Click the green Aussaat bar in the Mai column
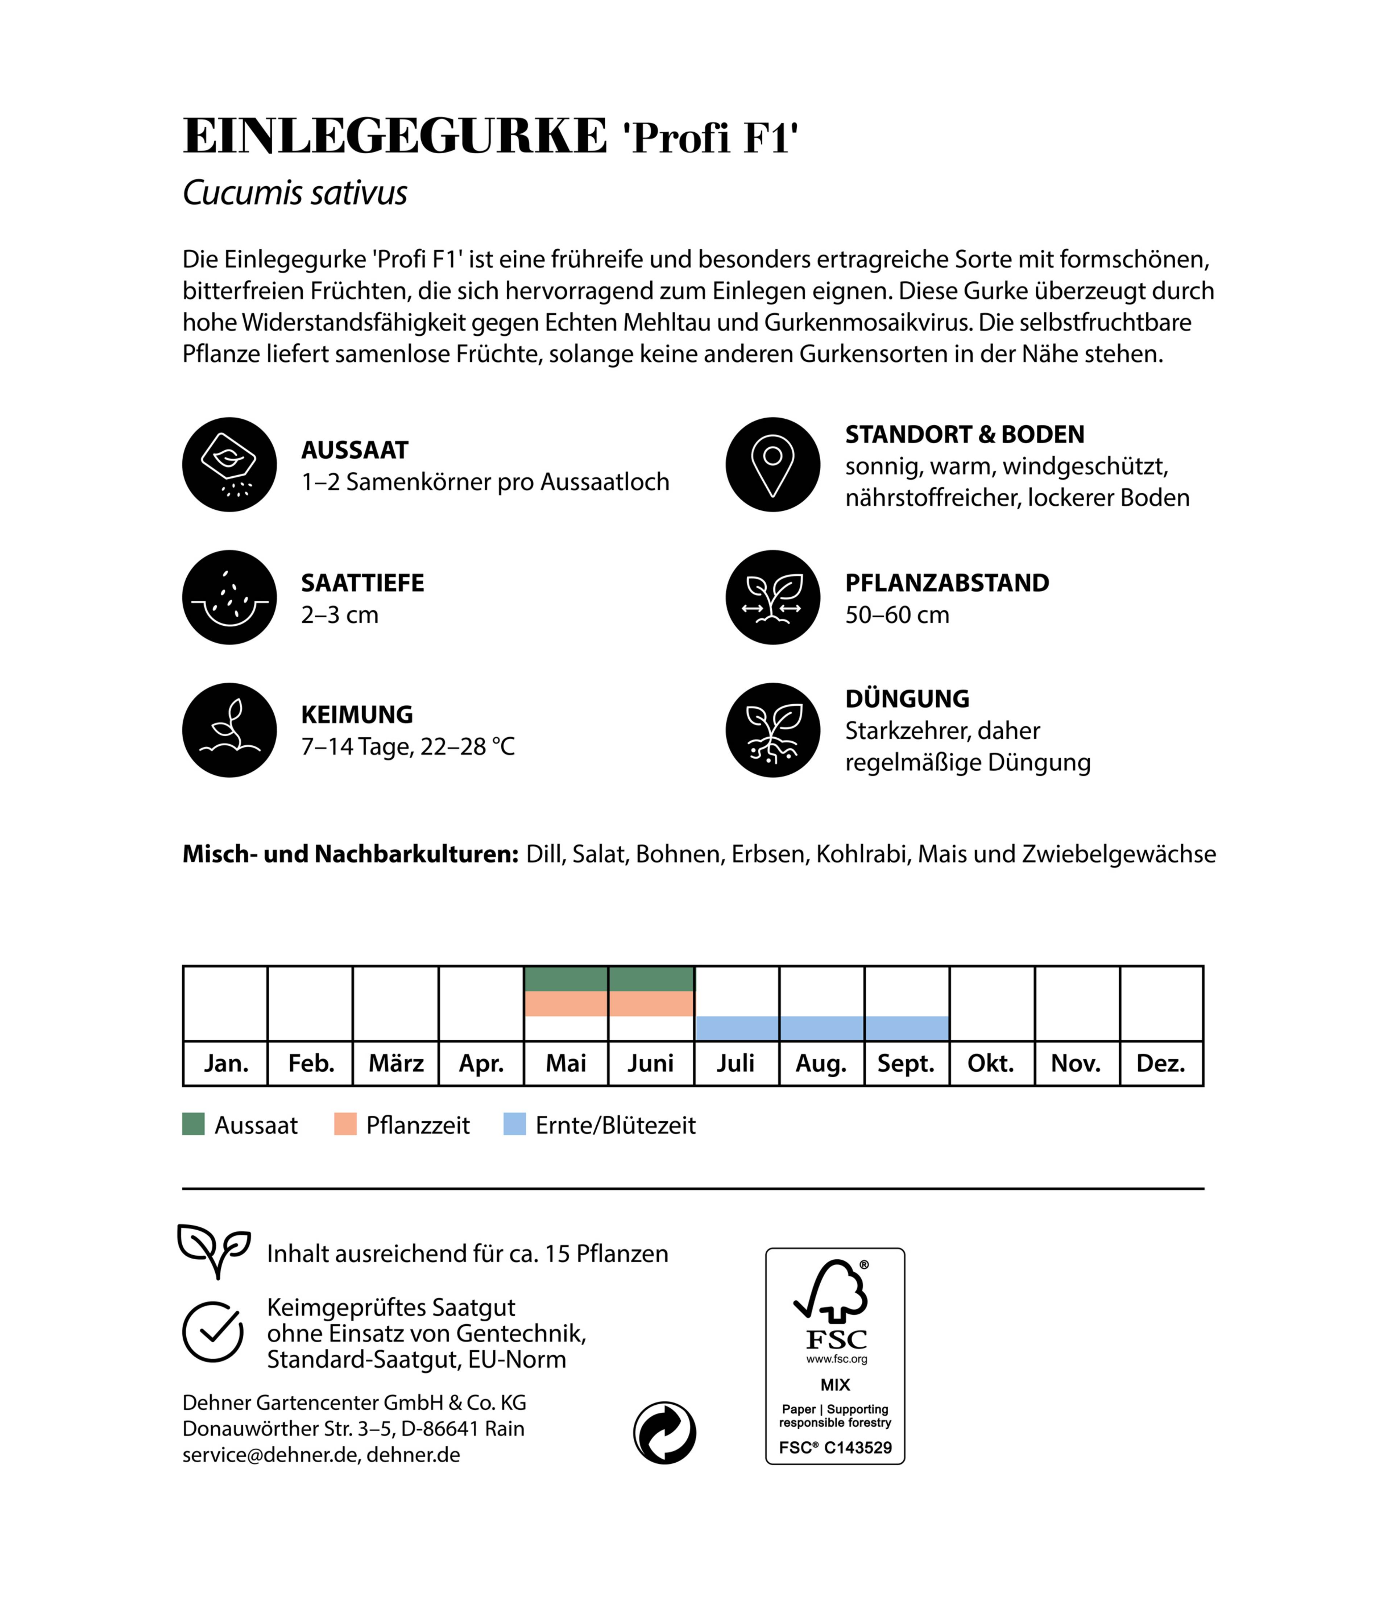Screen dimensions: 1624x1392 tap(566, 979)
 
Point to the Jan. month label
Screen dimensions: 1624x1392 tap(226, 1064)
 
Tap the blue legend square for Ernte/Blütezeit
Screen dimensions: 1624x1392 tap(514, 1124)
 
